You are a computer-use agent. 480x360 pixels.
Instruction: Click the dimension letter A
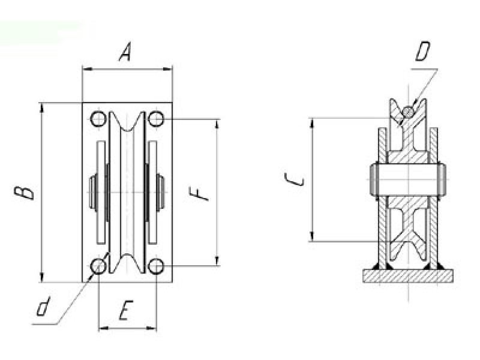[x=125, y=52]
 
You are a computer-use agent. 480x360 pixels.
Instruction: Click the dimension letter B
[x=24, y=193]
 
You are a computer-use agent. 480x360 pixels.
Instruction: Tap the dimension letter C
[x=295, y=179]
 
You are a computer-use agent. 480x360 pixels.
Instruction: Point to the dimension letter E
[x=125, y=310]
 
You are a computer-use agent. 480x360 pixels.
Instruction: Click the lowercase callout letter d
[x=43, y=306]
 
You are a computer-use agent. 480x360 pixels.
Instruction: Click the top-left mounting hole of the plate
[x=98, y=119]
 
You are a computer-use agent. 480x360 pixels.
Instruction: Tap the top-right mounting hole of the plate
[x=156, y=119]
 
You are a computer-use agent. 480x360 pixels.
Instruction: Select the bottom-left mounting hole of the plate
[x=98, y=266]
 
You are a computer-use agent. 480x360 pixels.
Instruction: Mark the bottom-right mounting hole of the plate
[x=156, y=266]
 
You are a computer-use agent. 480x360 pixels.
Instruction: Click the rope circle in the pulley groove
[x=408, y=112]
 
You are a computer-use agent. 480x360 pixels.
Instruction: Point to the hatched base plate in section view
[x=408, y=276]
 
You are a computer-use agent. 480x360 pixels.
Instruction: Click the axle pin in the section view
[x=408, y=179]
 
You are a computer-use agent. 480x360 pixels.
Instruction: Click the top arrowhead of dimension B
[x=42, y=108]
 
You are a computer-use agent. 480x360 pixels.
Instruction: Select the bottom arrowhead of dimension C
[x=312, y=236]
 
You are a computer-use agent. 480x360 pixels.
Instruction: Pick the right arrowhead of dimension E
[x=152, y=328]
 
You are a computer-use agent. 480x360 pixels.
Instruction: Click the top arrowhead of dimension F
[x=217, y=124]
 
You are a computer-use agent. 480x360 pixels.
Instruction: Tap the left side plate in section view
[x=383, y=196]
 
